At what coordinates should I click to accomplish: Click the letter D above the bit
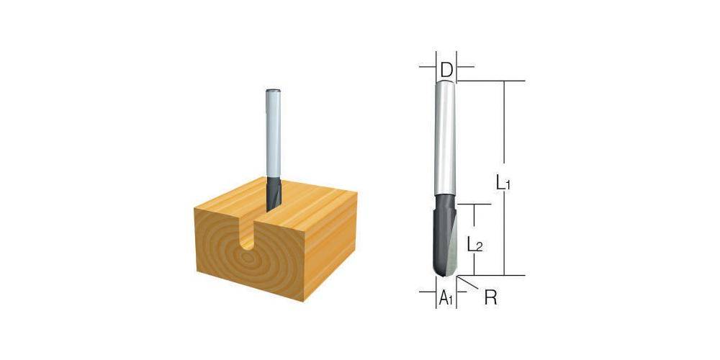[x=446, y=70]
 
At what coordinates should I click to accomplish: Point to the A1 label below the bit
[x=446, y=297]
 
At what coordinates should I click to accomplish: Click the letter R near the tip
[x=490, y=297]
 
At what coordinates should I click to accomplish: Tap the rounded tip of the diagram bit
[x=445, y=271]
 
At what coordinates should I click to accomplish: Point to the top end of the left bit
[x=273, y=90]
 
